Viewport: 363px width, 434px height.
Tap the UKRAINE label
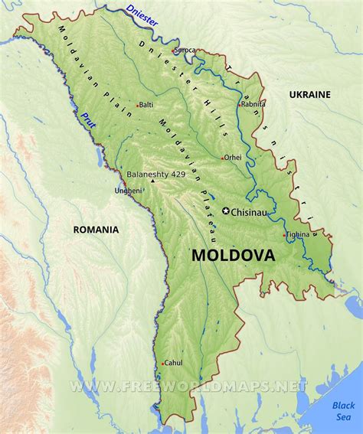pos(310,94)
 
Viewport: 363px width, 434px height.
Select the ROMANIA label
pos(96,229)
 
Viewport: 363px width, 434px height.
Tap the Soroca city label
pos(185,51)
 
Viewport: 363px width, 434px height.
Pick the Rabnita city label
pos(253,104)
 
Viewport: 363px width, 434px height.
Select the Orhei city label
pos(233,158)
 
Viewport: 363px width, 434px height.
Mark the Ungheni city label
pos(128,190)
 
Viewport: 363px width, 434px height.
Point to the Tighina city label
pos(299,234)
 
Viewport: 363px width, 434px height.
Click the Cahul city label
pos(174,363)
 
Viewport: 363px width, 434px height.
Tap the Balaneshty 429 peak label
pos(156,175)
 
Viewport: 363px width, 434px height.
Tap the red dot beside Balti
pos(136,105)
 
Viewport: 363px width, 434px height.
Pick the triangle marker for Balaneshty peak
pos(152,182)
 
